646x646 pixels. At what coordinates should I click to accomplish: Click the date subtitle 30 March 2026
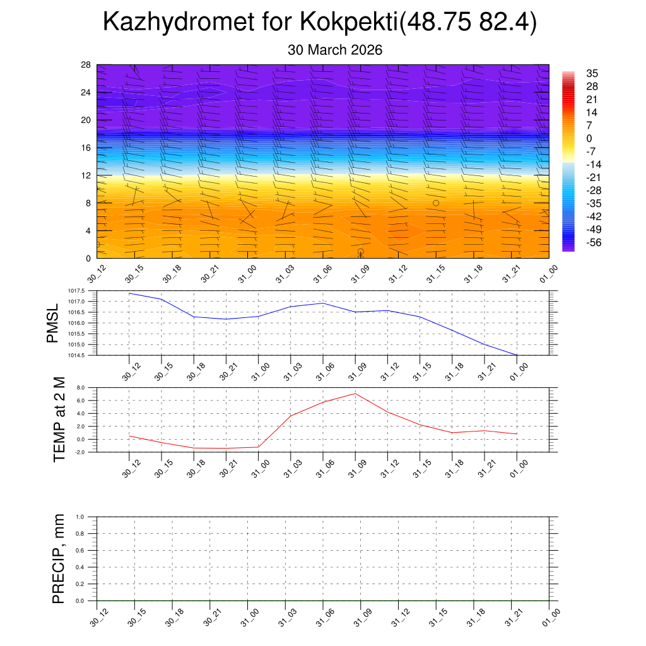pos(335,50)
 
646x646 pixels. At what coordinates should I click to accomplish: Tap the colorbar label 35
pos(592,73)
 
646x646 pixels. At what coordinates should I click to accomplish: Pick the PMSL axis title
pos(52,323)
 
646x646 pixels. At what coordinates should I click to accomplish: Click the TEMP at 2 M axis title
pos(59,420)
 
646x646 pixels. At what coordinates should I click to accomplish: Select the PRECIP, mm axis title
pos(59,558)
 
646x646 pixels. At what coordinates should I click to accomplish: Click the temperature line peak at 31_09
pos(355,394)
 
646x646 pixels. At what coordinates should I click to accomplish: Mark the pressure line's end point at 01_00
pos(517,355)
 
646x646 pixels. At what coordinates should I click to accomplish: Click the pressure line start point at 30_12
pos(129,293)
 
